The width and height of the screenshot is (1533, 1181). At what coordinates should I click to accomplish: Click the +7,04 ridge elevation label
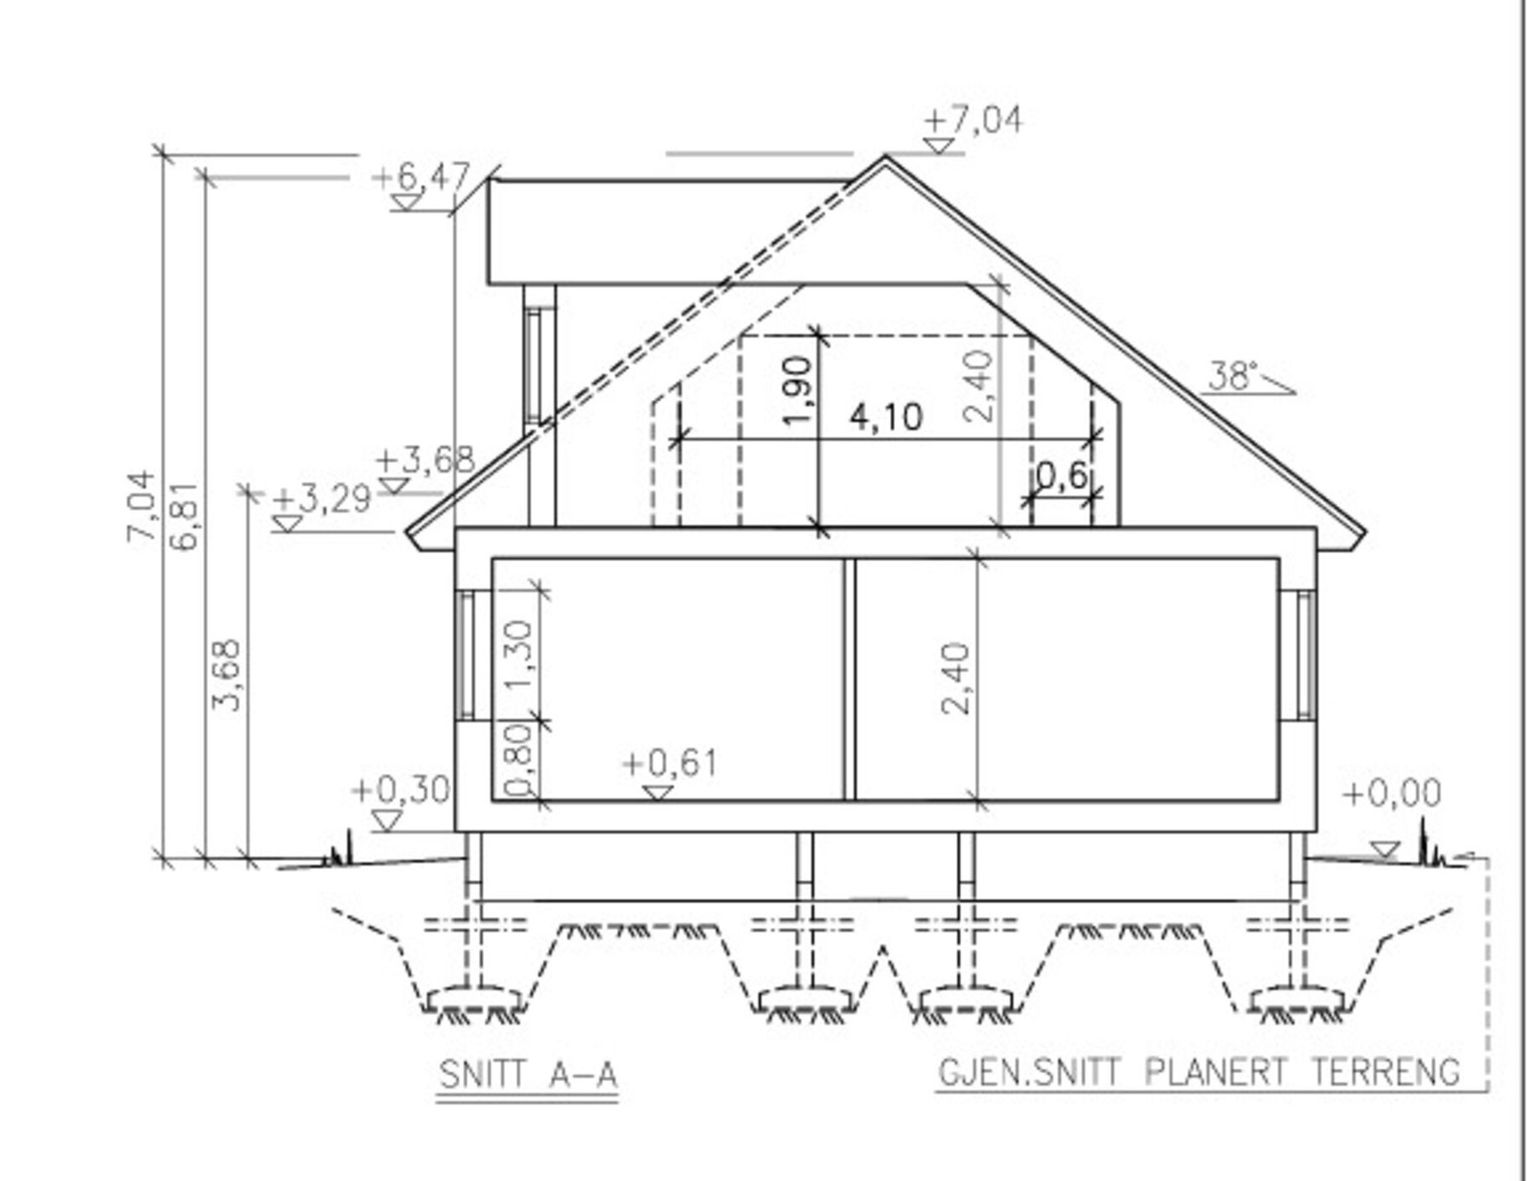click(x=972, y=120)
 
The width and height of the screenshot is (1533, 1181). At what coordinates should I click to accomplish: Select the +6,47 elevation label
click(x=422, y=175)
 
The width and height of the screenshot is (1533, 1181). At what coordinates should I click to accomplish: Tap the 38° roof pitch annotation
click(x=1233, y=376)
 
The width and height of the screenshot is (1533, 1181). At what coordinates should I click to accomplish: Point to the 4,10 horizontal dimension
click(x=886, y=418)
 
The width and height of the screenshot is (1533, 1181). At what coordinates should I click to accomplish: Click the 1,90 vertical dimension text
click(x=799, y=391)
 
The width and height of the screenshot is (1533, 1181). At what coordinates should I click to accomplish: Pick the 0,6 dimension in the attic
click(x=1063, y=476)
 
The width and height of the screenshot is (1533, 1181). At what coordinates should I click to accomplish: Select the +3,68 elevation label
click(x=425, y=461)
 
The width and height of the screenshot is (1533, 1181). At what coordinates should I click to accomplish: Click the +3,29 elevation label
click(x=322, y=498)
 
